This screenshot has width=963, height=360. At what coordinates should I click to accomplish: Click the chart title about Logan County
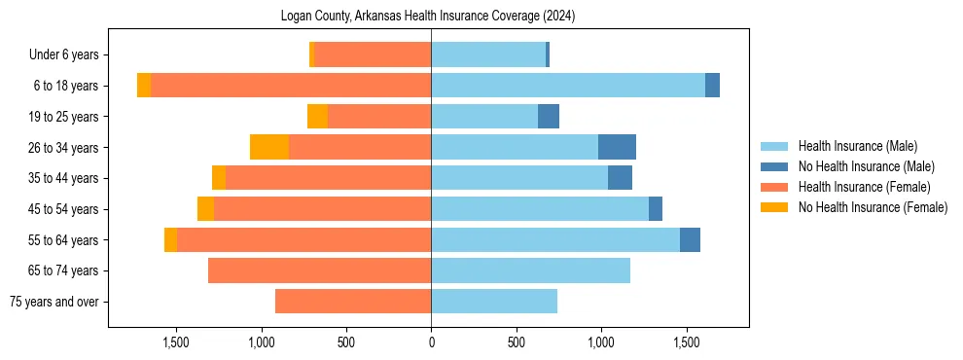(x=429, y=17)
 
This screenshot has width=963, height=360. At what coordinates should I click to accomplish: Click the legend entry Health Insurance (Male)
(x=857, y=146)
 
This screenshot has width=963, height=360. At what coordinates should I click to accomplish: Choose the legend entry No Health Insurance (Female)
(x=873, y=207)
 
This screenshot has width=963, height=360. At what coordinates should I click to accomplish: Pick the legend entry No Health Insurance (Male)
(x=866, y=166)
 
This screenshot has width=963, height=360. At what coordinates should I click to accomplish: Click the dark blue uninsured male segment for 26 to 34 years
(x=617, y=147)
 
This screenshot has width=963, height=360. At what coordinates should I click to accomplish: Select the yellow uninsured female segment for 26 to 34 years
(x=269, y=147)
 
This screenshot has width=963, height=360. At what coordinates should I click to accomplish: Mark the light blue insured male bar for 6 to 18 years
(x=568, y=86)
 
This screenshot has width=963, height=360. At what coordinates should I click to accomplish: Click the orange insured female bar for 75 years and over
(x=353, y=302)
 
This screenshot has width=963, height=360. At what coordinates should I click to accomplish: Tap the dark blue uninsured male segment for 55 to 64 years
(x=690, y=239)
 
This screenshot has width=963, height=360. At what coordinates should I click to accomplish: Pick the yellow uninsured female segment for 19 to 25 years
(x=317, y=117)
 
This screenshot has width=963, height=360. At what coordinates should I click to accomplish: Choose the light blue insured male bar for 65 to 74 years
(x=530, y=270)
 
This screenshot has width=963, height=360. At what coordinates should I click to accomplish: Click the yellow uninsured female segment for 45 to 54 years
(x=205, y=209)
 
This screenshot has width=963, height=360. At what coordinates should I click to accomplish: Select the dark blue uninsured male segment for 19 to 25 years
(x=549, y=117)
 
